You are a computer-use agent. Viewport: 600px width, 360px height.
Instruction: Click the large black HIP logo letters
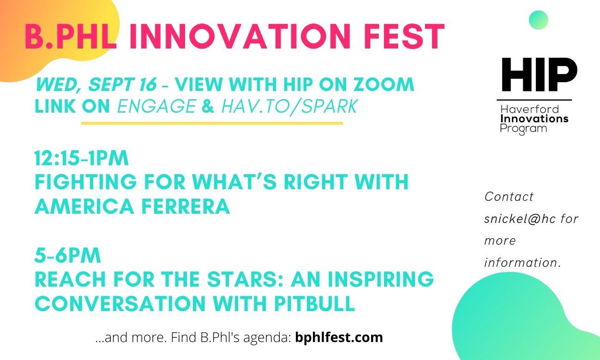(x=540, y=75)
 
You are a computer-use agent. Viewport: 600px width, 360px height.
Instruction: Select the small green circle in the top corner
(x=539, y=20)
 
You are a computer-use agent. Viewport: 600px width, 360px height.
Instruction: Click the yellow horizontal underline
(x=212, y=123)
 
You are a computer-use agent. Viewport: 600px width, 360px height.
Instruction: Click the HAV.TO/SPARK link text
(x=289, y=106)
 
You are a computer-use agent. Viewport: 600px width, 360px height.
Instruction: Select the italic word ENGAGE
(x=157, y=106)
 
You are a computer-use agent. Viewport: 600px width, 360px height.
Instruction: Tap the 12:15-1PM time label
(x=81, y=158)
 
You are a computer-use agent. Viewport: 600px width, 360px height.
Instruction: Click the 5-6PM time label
(x=67, y=256)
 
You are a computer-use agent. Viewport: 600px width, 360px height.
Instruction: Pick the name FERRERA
(x=186, y=206)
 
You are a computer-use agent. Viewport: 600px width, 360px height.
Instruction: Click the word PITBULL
(x=314, y=304)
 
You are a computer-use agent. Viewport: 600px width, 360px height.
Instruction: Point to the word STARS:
(x=245, y=279)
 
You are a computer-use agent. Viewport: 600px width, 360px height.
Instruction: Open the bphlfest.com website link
(x=339, y=337)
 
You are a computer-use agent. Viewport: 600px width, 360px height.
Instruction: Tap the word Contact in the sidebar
(x=509, y=197)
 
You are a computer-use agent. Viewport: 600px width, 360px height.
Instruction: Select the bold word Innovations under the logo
(x=534, y=119)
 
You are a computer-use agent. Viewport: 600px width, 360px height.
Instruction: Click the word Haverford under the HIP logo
(x=529, y=109)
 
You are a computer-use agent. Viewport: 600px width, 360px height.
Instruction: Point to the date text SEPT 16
(x=122, y=84)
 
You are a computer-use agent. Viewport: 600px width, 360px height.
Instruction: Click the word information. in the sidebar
(x=522, y=263)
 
